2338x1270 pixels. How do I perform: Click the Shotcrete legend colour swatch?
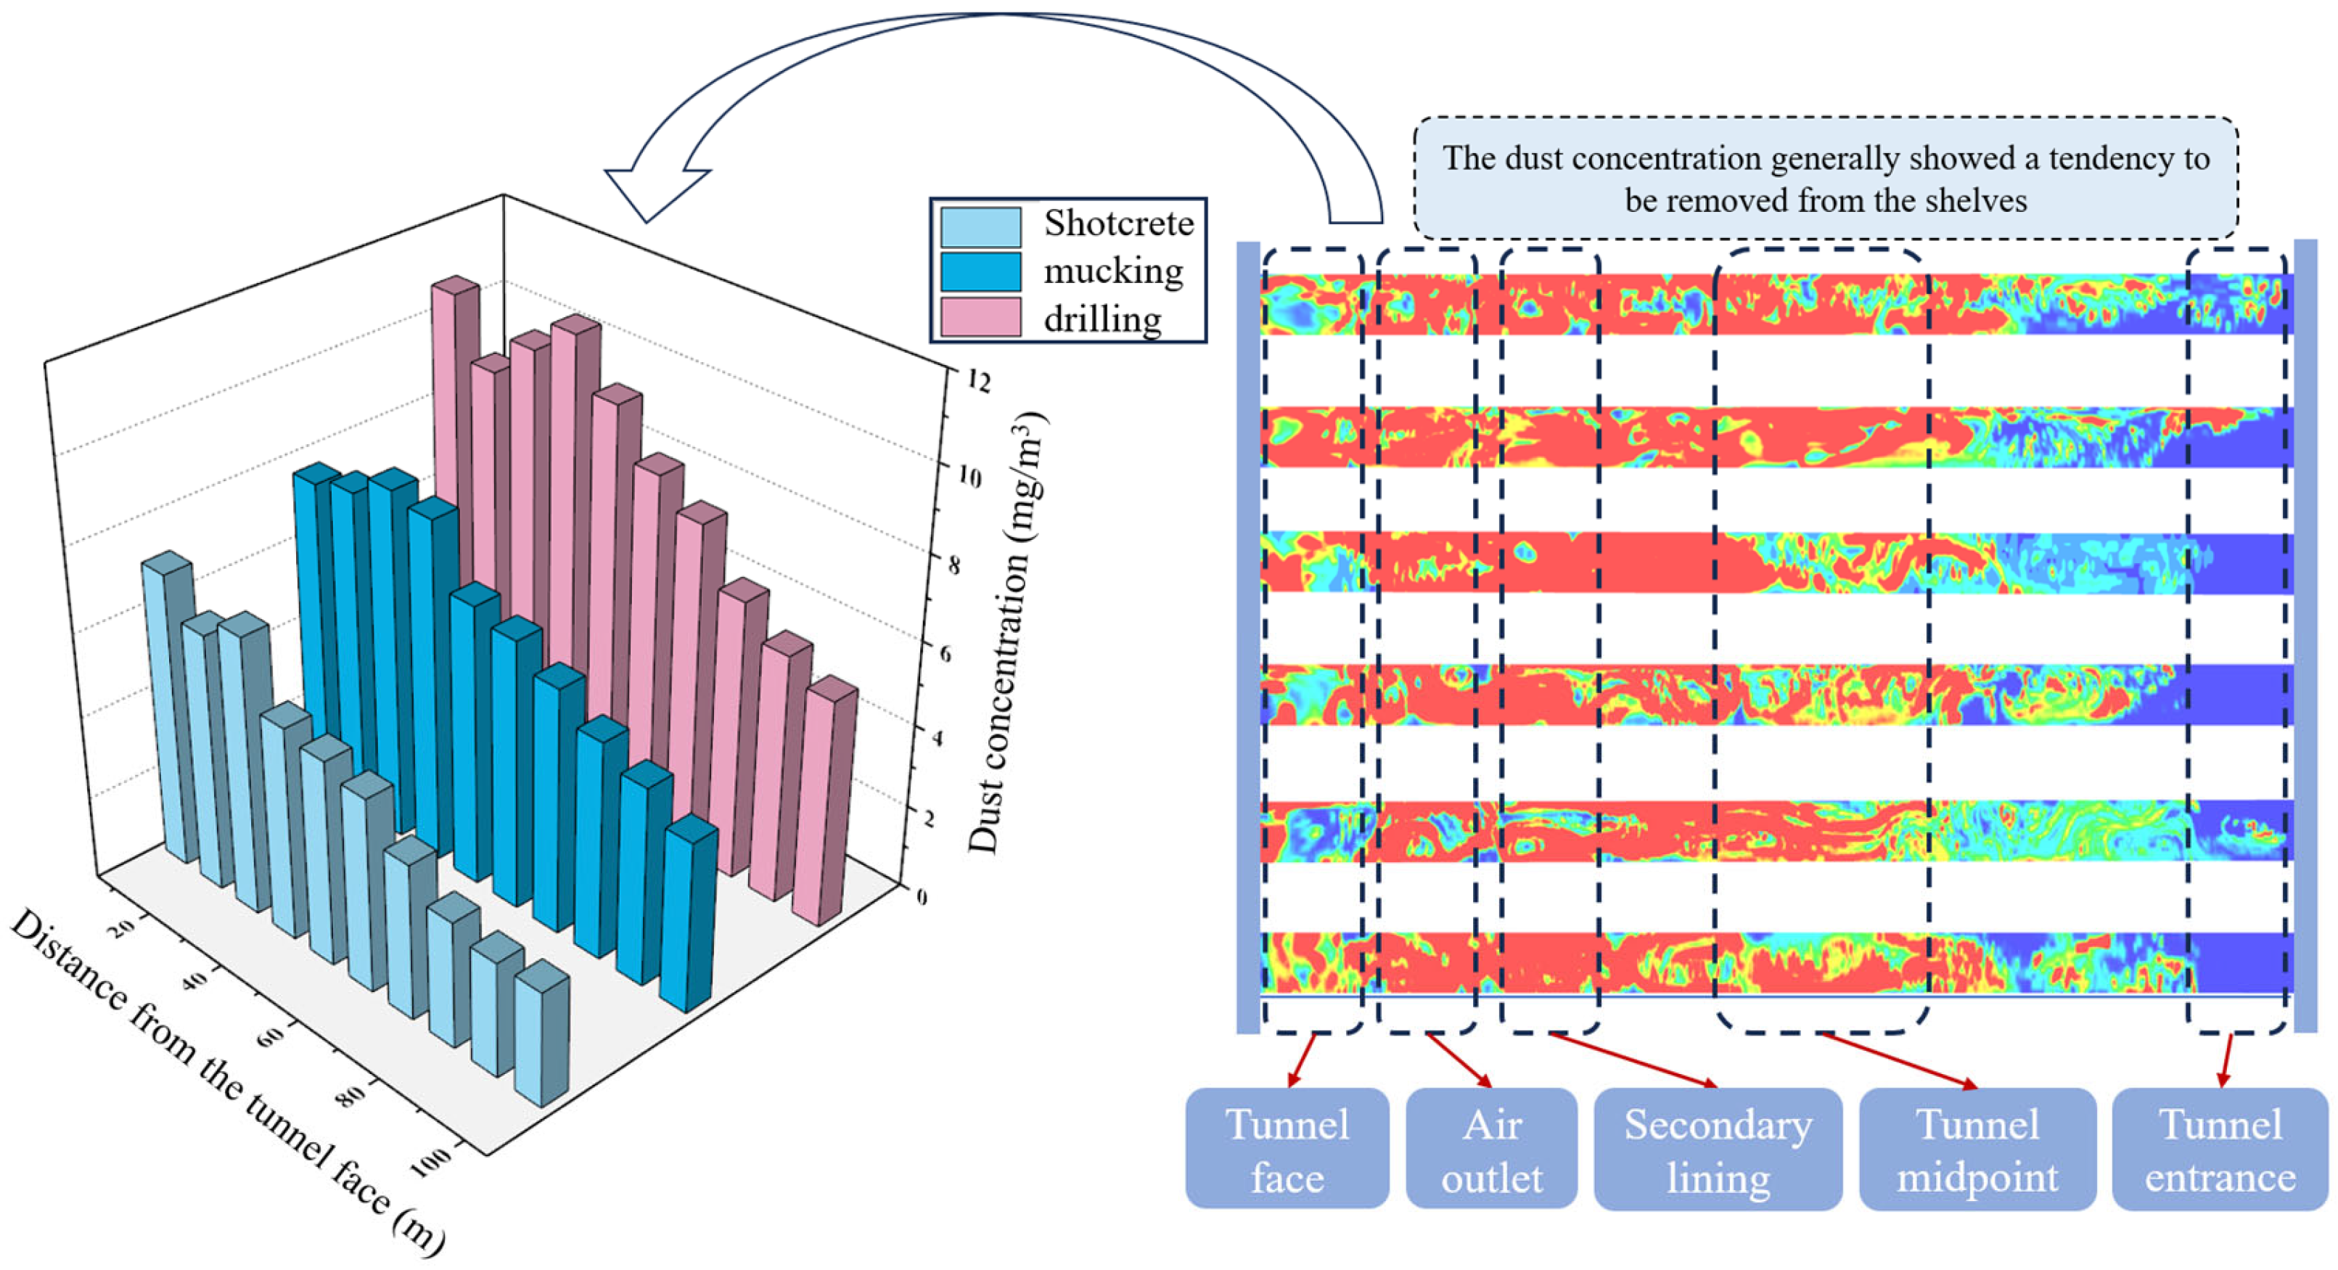point(980,226)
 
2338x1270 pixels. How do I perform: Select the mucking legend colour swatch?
point(980,271)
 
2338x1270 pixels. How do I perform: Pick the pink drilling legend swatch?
point(980,318)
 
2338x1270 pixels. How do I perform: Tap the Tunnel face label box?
point(1287,1150)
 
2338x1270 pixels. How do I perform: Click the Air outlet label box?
point(1491,1150)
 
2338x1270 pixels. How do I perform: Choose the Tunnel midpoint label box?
point(1977,1150)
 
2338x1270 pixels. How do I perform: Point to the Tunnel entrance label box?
point(2220,1150)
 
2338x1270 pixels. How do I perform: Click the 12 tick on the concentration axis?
point(977,380)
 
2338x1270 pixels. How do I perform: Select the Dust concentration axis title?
point(1007,636)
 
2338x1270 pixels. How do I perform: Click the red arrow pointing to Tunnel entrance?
point(2226,1060)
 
